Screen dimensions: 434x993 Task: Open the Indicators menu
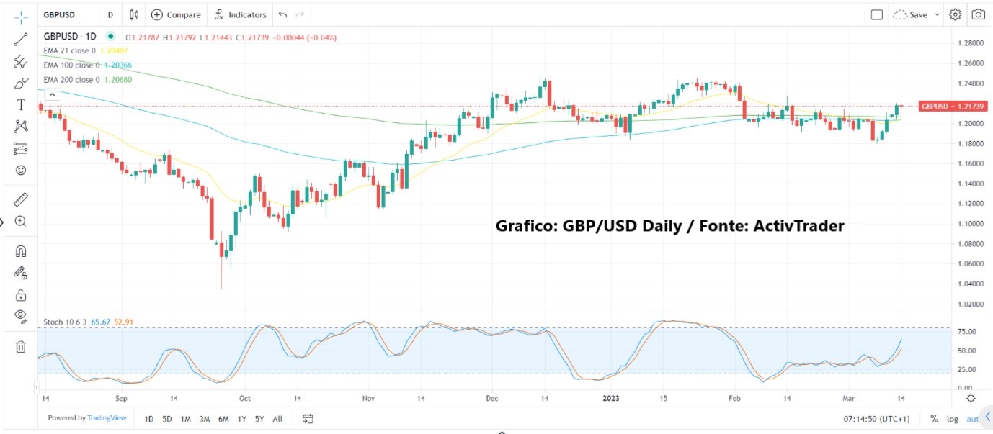pos(241,14)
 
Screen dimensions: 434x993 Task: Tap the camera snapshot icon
pos(978,14)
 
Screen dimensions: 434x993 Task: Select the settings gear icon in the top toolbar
pos(956,14)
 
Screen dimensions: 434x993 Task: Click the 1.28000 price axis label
pos(968,43)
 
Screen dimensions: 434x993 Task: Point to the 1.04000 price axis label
pos(968,284)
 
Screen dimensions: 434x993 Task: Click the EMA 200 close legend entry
pos(70,79)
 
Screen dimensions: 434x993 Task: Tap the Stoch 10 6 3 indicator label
pos(63,322)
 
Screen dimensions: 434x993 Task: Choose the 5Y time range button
pos(259,419)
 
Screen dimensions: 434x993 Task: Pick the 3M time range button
pos(205,419)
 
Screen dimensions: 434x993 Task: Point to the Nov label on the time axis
pos(368,397)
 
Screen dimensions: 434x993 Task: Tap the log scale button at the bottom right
pos(953,419)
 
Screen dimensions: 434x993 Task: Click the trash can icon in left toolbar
pos(20,347)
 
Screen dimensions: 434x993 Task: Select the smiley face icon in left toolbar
pos(20,171)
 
